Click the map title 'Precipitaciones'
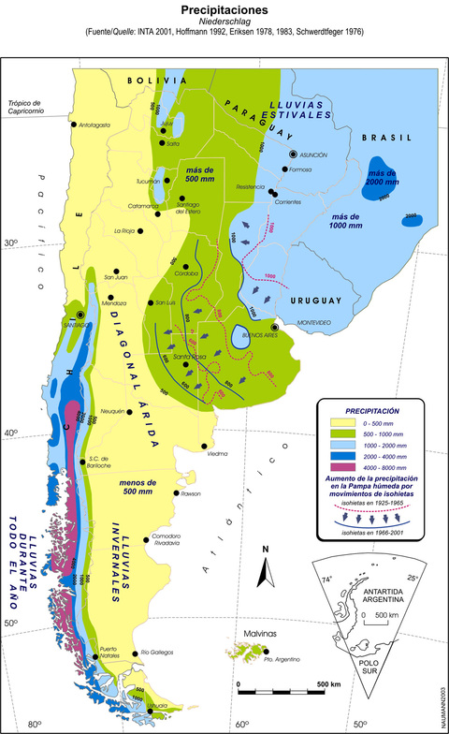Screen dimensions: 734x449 coord(224,8)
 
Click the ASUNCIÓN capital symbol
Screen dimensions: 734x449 coord(293,154)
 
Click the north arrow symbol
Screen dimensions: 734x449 coord(265,570)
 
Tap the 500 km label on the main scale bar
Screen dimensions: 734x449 coord(328,684)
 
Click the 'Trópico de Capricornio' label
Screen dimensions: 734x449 coord(27,109)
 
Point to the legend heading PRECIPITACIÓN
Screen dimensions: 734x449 coord(373,410)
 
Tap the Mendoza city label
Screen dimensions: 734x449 coord(113,303)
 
